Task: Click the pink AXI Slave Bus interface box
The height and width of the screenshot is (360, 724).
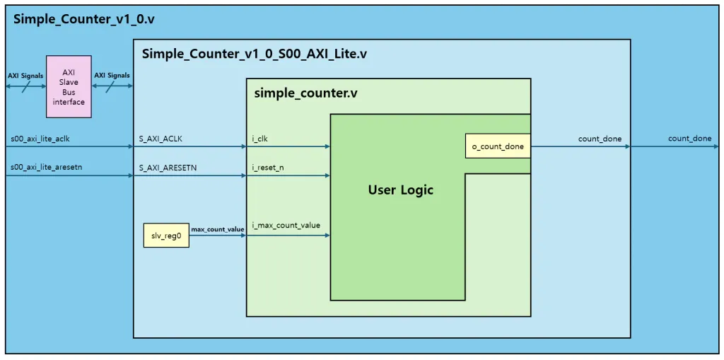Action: click(69, 87)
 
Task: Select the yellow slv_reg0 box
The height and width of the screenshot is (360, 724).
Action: click(167, 234)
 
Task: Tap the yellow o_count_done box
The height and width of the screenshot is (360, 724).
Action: click(498, 146)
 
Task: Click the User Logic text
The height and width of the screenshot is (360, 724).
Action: click(400, 190)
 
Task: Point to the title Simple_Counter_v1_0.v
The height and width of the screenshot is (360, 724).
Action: click(84, 19)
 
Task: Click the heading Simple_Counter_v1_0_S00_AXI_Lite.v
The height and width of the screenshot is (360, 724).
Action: click(255, 54)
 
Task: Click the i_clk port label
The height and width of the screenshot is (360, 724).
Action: click(259, 139)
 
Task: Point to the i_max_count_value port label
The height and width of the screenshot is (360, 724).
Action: click(286, 226)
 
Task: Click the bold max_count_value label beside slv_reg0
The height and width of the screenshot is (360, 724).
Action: click(218, 229)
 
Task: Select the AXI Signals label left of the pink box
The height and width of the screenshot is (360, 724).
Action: click(25, 76)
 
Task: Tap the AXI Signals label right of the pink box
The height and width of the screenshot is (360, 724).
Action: click(112, 76)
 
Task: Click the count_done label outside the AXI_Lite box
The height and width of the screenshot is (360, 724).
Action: click(689, 139)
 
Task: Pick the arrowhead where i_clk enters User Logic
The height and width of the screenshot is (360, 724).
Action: click(327, 146)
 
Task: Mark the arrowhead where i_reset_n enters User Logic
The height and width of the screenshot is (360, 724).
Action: click(327, 175)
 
